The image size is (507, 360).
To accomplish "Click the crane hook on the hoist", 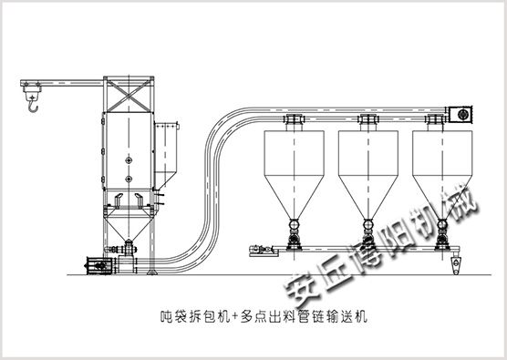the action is pyautogui.click(x=34, y=107).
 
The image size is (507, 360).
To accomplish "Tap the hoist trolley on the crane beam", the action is pyautogui.click(x=32, y=87).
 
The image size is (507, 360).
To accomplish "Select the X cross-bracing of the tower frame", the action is pyautogui.click(x=129, y=96).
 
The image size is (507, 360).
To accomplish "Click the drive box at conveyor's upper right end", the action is pyautogui.click(x=460, y=115).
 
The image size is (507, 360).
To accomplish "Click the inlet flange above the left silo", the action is pyautogui.click(x=295, y=119).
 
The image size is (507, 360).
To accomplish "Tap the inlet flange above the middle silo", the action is pyautogui.click(x=368, y=119).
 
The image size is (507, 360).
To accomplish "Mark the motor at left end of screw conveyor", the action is pyautogui.click(x=261, y=250).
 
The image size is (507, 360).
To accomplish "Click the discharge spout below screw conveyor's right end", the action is pyautogui.click(x=456, y=264).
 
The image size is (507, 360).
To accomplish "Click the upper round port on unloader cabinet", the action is pyautogui.click(x=129, y=160).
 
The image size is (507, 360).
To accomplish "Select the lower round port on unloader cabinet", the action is pyautogui.click(x=129, y=179).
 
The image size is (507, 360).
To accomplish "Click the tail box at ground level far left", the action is pyautogui.click(x=100, y=265).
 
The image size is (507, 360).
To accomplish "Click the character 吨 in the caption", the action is pyautogui.click(x=168, y=316).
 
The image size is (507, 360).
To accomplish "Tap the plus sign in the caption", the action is pyautogui.click(x=235, y=316).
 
